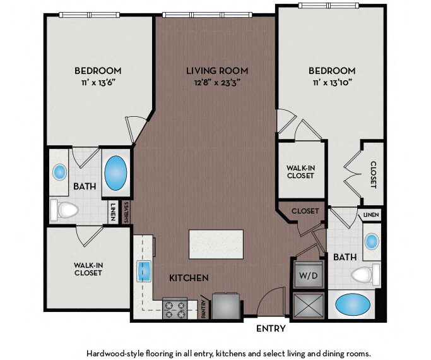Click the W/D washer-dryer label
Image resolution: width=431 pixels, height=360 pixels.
tap(308, 275)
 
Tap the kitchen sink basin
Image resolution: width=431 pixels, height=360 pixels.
tap(144, 271)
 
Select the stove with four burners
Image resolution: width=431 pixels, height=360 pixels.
tap(175, 309)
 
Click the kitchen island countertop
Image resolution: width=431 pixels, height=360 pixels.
tap(216, 244)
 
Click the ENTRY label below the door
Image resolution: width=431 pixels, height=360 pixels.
tap(271, 328)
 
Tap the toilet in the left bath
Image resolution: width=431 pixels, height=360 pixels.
tap(64, 210)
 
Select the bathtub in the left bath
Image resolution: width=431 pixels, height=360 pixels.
tap(116, 173)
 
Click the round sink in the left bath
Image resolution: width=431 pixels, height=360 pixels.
tap(60, 172)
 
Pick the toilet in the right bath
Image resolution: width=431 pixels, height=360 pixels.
tap(365, 274)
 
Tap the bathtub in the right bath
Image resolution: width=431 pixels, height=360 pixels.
tap(353, 304)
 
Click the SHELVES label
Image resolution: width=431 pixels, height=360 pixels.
tap(126, 213)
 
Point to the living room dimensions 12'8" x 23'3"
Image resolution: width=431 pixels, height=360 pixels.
tap(217, 83)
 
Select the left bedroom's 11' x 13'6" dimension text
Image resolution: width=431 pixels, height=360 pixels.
tap(98, 83)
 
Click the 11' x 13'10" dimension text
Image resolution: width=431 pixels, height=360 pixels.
tap(332, 83)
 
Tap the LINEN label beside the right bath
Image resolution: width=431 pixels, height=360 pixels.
tap(371, 215)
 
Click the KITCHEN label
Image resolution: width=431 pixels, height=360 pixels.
tap(189, 278)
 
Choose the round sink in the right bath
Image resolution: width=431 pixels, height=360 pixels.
tap(372, 241)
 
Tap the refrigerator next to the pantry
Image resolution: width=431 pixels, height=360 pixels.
tap(226, 306)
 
